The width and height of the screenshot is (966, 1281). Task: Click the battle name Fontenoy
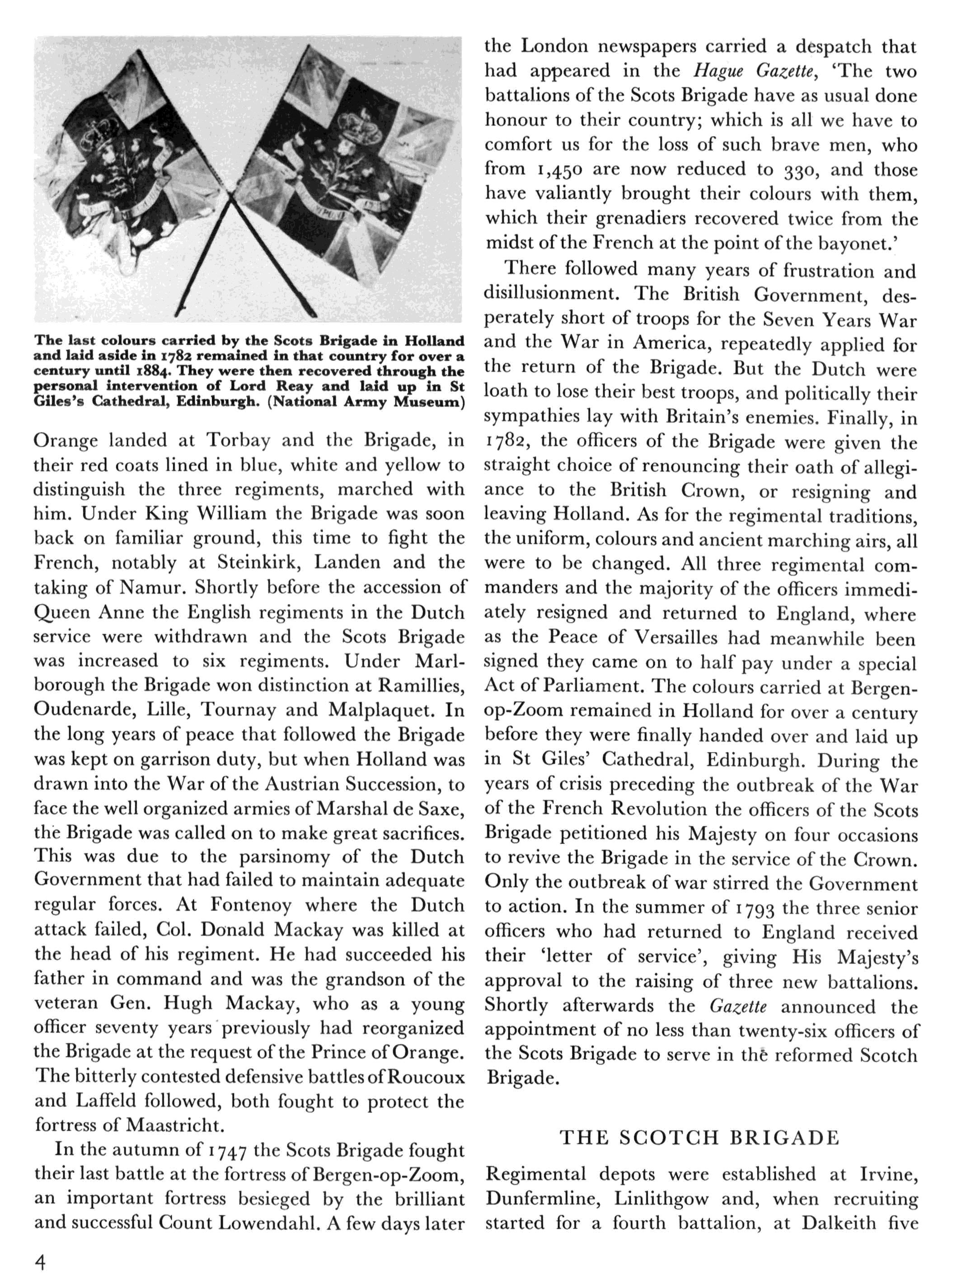pyautogui.click(x=251, y=905)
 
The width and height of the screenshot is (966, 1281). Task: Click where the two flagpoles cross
pyautogui.click(x=232, y=200)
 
